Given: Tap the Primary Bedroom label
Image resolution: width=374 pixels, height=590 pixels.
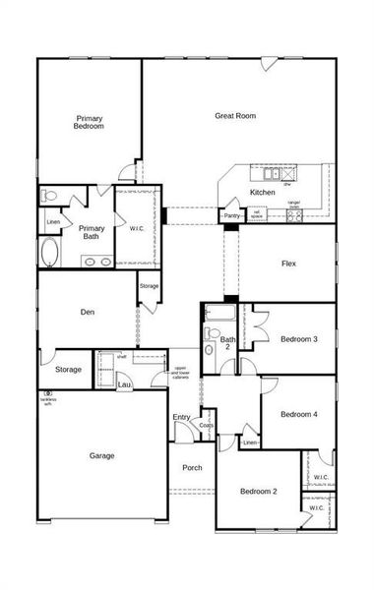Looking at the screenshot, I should click(x=90, y=122).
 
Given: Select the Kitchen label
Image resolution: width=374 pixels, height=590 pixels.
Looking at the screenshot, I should click(x=263, y=192).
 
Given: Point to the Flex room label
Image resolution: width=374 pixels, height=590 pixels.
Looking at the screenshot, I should click(x=288, y=264).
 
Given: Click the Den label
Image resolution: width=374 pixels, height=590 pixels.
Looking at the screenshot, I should click(x=88, y=313).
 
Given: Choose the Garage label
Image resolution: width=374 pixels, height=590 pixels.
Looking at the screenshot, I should click(x=101, y=455).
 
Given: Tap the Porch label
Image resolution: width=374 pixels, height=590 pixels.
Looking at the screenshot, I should click(x=192, y=467).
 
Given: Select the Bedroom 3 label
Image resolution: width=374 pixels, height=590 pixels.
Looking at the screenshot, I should click(x=298, y=339).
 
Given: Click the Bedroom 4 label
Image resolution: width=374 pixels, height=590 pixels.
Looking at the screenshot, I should click(x=298, y=414).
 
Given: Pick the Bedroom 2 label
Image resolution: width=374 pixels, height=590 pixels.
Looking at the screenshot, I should click(x=260, y=491).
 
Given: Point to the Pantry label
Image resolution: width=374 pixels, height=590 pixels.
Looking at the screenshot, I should click(x=232, y=215).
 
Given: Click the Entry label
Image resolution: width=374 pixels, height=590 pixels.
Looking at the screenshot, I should click(x=181, y=418).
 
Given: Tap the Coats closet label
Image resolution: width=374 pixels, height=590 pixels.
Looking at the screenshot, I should click(x=206, y=426).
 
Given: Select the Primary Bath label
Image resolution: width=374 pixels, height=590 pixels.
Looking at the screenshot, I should click(x=92, y=232).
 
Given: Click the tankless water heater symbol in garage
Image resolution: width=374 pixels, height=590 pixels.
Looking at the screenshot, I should click(x=46, y=394).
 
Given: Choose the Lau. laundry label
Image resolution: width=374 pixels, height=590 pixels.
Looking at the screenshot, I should click(x=124, y=384).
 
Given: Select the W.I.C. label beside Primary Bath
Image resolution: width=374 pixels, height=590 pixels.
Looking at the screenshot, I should click(x=136, y=228).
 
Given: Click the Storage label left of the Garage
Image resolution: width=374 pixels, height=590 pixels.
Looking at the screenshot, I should click(x=68, y=370).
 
